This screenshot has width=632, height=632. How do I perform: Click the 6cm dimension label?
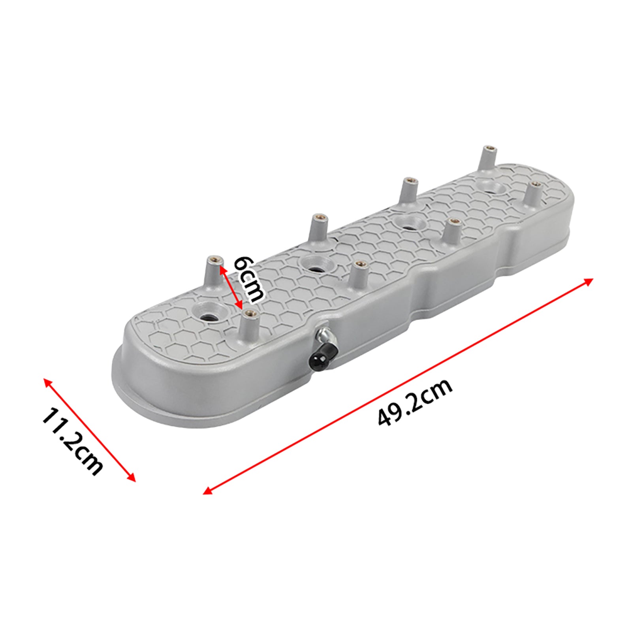248,279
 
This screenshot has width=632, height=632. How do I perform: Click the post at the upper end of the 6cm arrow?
215,273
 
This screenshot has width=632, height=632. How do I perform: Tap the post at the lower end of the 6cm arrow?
249,324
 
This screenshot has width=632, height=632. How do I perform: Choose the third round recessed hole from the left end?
409,224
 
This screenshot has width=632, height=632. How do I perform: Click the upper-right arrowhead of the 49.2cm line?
590,280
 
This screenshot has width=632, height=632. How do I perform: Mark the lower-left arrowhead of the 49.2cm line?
206,492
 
